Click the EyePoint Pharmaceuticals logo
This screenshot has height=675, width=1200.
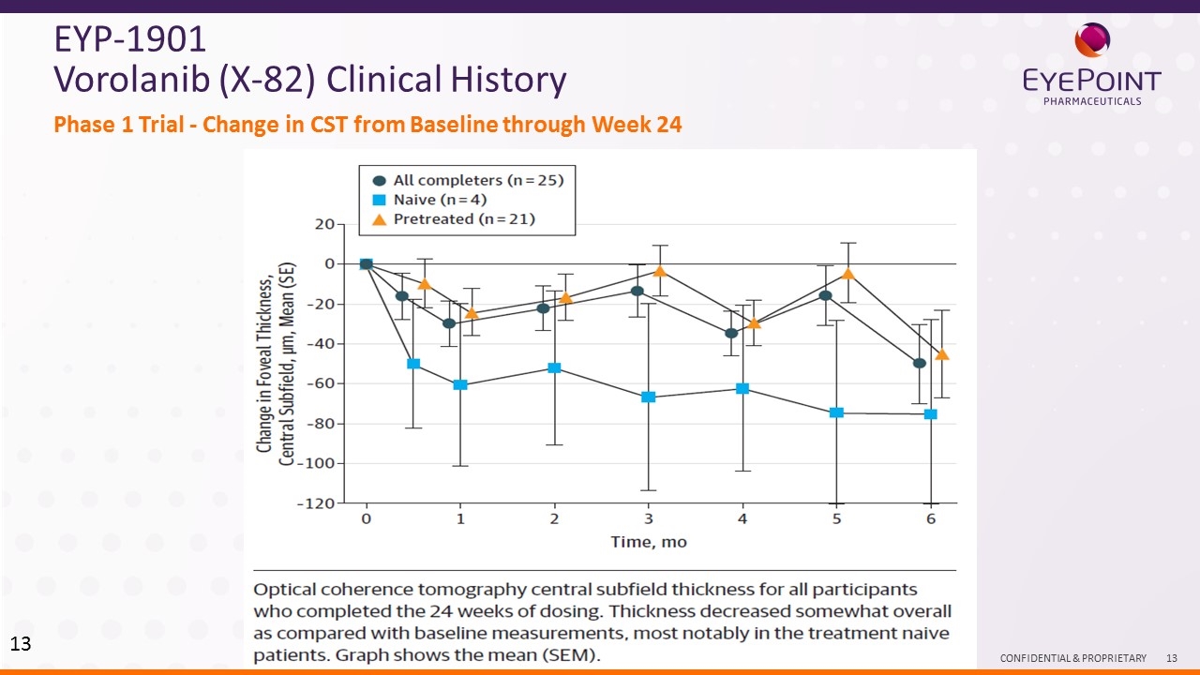click(1091, 65)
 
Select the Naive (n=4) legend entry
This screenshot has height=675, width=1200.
click(429, 200)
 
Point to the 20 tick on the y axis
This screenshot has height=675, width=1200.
click(324, 224)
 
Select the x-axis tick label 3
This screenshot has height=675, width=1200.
click(648, 518)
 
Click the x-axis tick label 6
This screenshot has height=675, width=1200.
click(931, 518)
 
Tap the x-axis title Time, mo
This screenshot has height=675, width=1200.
click(649, 542)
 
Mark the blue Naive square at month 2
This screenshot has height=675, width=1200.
click(554, 367)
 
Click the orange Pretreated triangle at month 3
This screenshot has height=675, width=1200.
click(660, 271)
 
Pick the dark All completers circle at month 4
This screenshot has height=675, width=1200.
click(731, 333)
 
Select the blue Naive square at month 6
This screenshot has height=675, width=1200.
click(931, 413)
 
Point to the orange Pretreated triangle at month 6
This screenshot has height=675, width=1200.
click(942, 354)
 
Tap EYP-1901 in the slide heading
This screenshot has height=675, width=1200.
click(130, 39)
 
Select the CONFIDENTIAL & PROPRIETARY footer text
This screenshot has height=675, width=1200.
click(1072, 659)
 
